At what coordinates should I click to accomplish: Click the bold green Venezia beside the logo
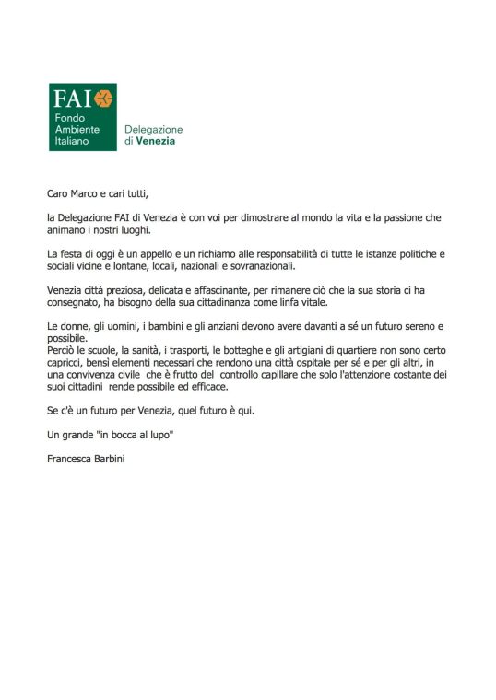tap(155, 142)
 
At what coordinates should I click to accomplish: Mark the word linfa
tap(289, 302)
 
